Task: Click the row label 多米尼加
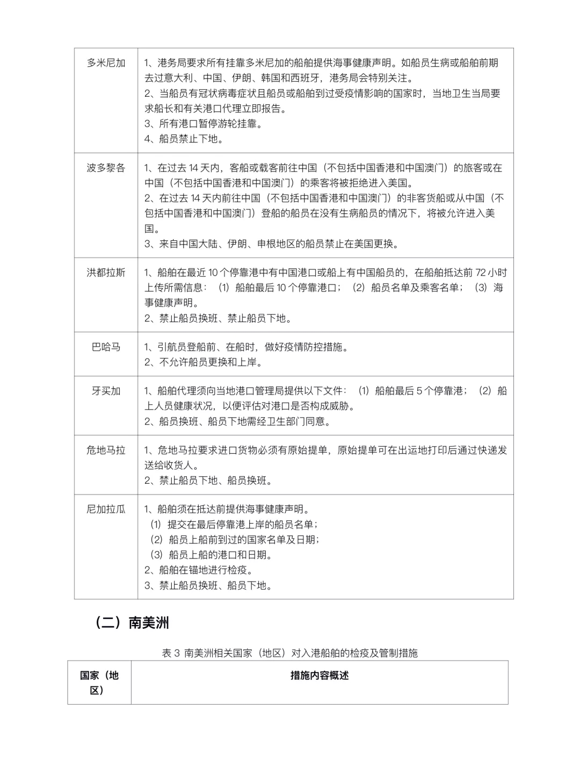tap(106, 63)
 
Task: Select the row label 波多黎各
tap(106, 168)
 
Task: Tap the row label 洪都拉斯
tap(106, 273)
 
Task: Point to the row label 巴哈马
tap(106, 347)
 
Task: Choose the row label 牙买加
tap(106, 391)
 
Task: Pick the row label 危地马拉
tap(106, 450)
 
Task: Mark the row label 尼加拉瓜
tap(106, 509)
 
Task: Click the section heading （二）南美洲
tap(132, 622)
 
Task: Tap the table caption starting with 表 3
tap(289, 653)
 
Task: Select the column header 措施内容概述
tap(320, 675)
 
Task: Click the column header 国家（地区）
tap(99, 683)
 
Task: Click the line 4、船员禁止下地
tap(184, 139)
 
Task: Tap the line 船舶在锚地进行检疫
tap(199, 570)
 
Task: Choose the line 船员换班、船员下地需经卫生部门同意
tap(238, 421)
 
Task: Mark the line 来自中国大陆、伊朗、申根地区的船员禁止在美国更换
tap(272, 243)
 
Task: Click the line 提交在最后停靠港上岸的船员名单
tap(234, 524)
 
